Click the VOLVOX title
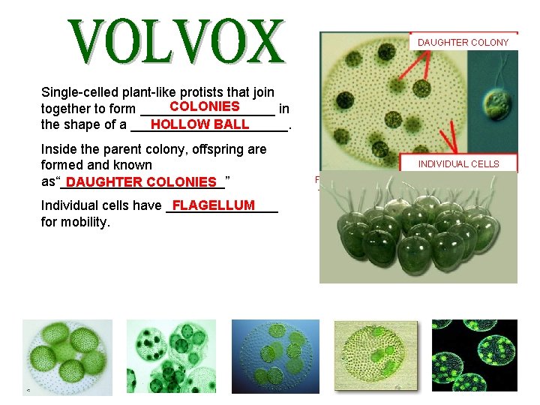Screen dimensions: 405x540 tap(178, 42)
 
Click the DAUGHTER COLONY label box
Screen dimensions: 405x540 tap(463, 43)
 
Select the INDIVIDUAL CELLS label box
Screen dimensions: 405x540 tap(458, 163)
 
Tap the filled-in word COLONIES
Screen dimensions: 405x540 tap(205, 106)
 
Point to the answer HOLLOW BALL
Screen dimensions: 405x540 tap(199, 124)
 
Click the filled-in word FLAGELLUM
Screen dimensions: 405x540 tap(214, 205)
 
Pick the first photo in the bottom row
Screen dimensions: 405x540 tap(67, 356)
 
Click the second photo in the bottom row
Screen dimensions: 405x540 tap(171, 356)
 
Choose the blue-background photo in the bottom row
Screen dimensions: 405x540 tap(276, 356)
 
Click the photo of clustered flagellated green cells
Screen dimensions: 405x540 tap(418, 228)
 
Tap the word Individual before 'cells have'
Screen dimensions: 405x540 tap(70, 205)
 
